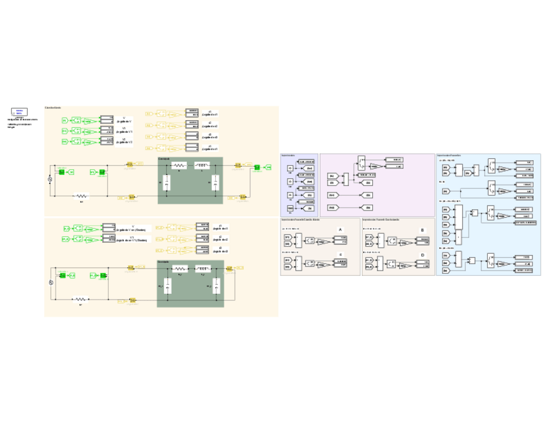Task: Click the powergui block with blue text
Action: coord(19,112)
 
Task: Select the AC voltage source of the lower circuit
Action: coord(52,283)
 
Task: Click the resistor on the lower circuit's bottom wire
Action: coord(81,299)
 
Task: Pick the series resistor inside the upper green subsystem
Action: coord(179,166)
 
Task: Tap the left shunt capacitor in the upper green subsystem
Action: coord(167,185)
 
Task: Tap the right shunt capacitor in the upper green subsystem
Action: coord(215,185)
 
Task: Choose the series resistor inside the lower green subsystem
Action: coord(180,267)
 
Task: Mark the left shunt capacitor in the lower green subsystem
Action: coord(167,285)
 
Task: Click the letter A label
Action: coord(341,229)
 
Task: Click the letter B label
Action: coord(423,229)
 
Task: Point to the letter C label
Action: coord(341,255)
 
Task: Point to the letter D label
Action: coord(423,255)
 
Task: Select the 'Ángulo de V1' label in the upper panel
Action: coord(125,132)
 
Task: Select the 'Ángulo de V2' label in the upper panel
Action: coord(125,141)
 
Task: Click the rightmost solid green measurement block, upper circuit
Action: coord(257,168)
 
